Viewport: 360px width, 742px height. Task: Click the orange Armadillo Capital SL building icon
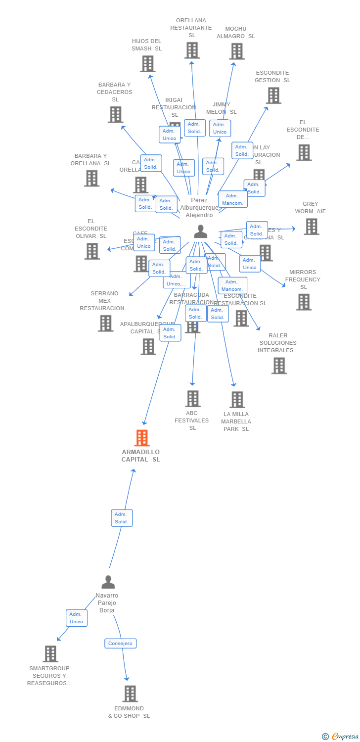[142, 438]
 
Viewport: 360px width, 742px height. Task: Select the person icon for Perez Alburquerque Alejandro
[200, 231]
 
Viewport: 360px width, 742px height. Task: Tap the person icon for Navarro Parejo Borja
[108, 582]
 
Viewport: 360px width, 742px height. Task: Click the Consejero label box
[120, 643]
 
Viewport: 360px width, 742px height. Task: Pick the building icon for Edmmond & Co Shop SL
[130, 694]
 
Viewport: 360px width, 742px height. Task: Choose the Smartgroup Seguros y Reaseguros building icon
[50, 653]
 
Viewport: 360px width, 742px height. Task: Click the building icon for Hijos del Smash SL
[147, 64]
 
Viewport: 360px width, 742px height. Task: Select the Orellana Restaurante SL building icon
[192, 50]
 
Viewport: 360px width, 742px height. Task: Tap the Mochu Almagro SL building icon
[236, 51]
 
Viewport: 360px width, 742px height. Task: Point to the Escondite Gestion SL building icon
[273, 95]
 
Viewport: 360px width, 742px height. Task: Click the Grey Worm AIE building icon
[311, 227]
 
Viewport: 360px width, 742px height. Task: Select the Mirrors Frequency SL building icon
[304, 302]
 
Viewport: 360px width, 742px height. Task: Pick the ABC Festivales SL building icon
[192, 399]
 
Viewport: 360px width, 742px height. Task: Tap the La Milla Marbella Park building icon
[237, 400]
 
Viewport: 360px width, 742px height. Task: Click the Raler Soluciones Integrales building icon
[279, 366]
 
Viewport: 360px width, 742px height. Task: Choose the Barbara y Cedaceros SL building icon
[115, 115]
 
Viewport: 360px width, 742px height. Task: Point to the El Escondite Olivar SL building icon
[92, 251]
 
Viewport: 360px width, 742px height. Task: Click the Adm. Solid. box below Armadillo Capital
[122, 518]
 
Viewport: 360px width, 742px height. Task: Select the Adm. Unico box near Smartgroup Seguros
[77, 618]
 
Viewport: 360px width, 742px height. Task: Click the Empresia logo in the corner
[344, 736]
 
